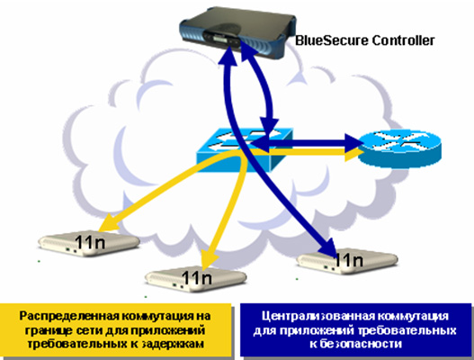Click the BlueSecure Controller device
(x=237, y=32)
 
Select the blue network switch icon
(x=245, y=149)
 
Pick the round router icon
(x=399, y=148)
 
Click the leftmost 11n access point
(x=89, y=244)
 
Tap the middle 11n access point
(x=196, y=279)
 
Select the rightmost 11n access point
(x=348, y=261)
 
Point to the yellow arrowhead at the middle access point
(x=210, y=259)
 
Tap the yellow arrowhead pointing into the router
(x=353, y=155)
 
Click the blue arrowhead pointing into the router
(x=353, y=142)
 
